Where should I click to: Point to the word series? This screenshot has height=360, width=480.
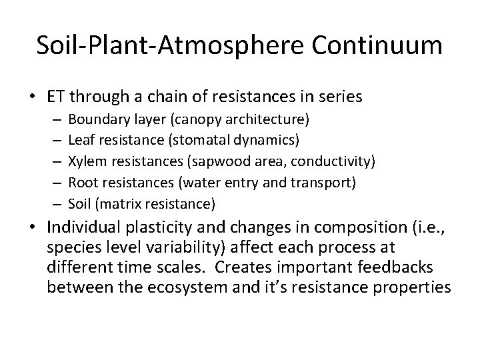[x=339, y=97]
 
